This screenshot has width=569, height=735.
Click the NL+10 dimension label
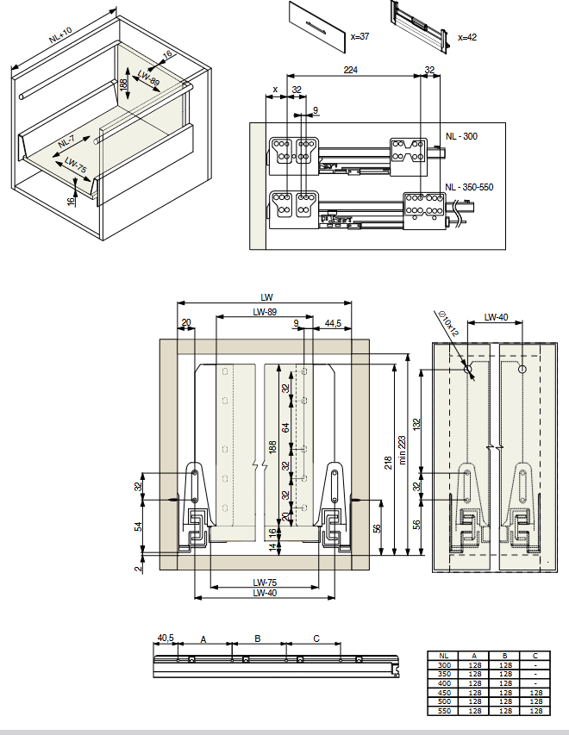pyautogui.click(x=60, y=35)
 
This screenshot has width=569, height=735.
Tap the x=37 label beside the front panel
pyautogui.click(x=360, y=36)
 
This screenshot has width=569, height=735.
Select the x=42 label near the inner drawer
pyautogui.click(x=467, y=37)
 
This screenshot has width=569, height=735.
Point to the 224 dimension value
pyautogui.click(x=350, y=70)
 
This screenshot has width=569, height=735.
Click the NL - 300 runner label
pyautogui.click(x=461, y=136)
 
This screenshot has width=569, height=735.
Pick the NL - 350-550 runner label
pyautogui.click(x=469, y=187)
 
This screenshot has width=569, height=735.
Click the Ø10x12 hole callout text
pyautogui.click(x=448, y=323)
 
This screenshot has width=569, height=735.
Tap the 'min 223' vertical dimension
pyautogui.click(x=402, y=450)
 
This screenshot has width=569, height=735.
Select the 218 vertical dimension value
pyautogui.click(x=388, y=463)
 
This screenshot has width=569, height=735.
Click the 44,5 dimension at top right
pyautogui.click(x=333, y=323)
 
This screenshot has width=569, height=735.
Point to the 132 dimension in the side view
pyautogui.click(x=416, y=425)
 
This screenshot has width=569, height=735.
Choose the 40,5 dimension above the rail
pyautogui.click(x=166, y=638)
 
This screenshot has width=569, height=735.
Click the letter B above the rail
pyautogui.click(x=258, y=638)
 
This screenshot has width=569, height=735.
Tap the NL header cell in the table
pyautogui.click(x=443, y=656)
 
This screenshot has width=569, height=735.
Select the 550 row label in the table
pyautogui.click(x=444, y=711)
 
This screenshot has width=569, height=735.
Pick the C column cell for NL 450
pyautogui.click(x=535, y=692)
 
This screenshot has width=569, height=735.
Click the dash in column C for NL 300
pyautogui.click(x=535, y=665)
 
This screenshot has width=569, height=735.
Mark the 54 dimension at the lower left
pyautogui.click(x=138, y=526)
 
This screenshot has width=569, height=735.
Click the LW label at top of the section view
pyautogui.click(x=266, y=297)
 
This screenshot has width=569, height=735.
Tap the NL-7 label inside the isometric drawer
pyautogui.click(x=66, y=141)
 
